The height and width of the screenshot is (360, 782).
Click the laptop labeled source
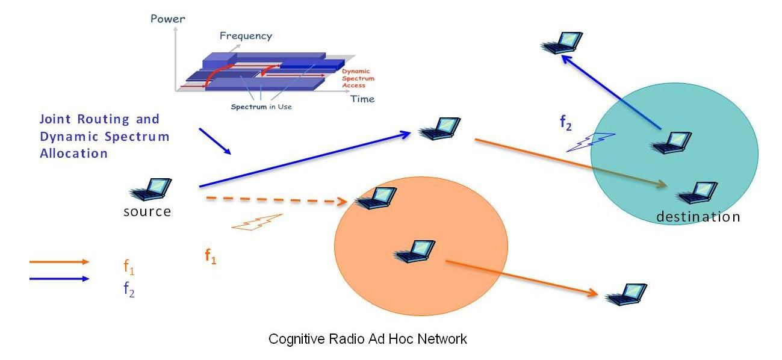pyautogui.click(x=151, y=189)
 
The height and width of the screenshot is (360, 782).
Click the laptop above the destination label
pyautogui.click(x=697, y=193)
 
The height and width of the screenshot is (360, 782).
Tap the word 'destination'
pyautogui.click(x=698, y=217)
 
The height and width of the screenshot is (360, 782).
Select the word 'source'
pyautogui.click(x=147, y=212)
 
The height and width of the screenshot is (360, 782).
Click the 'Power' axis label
pyautogui.click(x=168, y=19)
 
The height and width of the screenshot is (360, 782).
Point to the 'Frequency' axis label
pyautogui.click(x=246, y=36)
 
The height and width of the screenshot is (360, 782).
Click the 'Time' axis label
pyautogui.click(x=362, y=99)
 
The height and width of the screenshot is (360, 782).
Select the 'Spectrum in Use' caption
pyautogui.click(x=261, y=107)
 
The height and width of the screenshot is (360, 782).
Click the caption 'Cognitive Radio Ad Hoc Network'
pyautogui.click(x=367, y=339)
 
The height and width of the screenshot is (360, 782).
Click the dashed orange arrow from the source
pyautogui.click(x=277, y=200)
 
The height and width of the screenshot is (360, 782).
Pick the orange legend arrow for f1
pyautogui.click(x=59, y=262)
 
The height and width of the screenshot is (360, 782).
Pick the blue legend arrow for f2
pyautogui.click(x=59, y=279)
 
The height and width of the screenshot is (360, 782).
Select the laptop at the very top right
pyautogui.click(x=562, y=43)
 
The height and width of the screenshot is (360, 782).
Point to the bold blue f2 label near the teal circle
pyautogui.click(x=566, y=123)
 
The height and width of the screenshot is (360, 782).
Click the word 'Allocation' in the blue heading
pyautogui.click(x=73, y=154)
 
